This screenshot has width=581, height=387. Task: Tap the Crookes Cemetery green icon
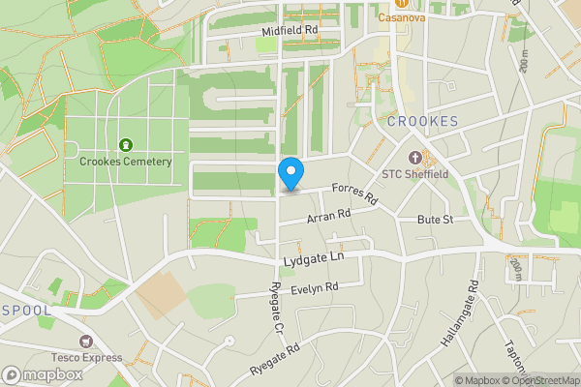click(125, 145)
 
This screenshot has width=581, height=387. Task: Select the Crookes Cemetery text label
click(126, 162)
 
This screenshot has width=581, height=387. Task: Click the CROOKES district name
click(421, 121)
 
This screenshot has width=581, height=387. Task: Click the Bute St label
click(436, 221)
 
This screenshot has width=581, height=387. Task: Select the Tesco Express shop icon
click(85, 342)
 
